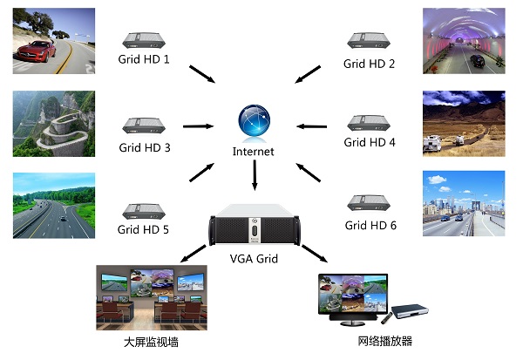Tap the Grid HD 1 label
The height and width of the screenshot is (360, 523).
pos(144,60)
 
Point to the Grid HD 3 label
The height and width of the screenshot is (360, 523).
pos(144,147)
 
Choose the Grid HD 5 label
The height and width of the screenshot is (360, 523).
pos(144,230)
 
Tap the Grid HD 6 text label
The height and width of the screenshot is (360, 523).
pos(370,225)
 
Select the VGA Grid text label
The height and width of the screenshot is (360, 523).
pos(254,258)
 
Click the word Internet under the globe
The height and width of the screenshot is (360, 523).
pos(254,152)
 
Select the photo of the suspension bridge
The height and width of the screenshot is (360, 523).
pos(464,204)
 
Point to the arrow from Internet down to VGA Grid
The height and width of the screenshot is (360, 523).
pos(254,177)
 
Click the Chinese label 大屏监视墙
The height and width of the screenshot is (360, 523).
pos(152,341)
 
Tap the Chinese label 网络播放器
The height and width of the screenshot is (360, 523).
pos(384,341)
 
